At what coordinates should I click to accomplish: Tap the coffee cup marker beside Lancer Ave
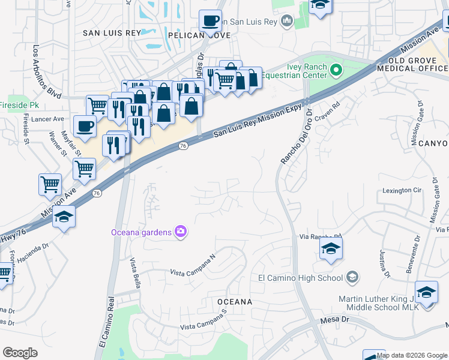tap(85, 127)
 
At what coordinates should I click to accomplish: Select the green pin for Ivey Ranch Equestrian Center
tap(336, 71)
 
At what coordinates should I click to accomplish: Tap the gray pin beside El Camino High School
tap(352, 277)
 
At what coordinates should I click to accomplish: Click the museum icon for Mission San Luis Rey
tap(287, 22)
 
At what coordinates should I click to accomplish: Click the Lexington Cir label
tap(403, 190)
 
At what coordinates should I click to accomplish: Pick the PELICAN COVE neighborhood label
tap(188, 35)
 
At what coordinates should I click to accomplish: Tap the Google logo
tap(20, 353)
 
